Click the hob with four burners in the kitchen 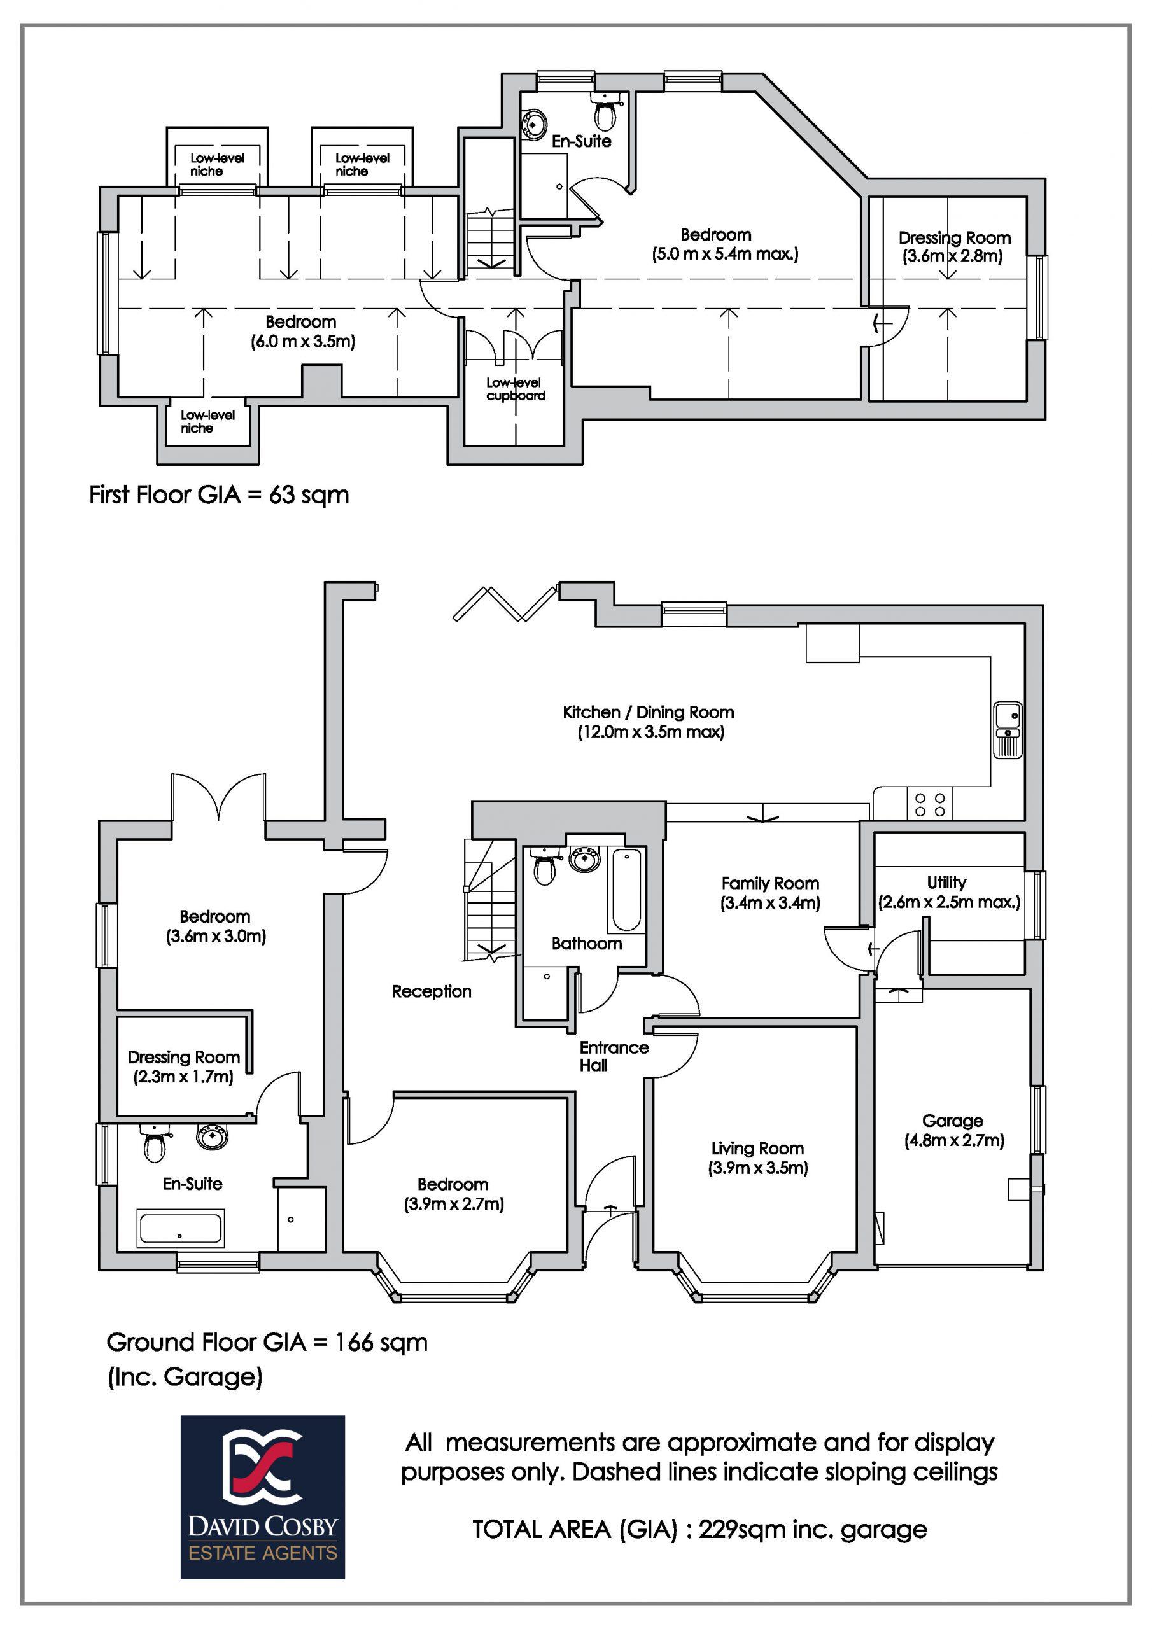pos(930,804)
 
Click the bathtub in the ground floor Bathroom pos(626,890)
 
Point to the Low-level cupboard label pos(516,389)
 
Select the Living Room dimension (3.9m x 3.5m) pos(758,1168)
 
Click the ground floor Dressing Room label pos(184,1067)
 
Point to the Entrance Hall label pos(614,1056)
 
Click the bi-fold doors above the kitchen pos(505,604)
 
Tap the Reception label pos(432,992)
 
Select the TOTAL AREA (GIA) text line pos(700,1530)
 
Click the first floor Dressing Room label pos(954,247)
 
